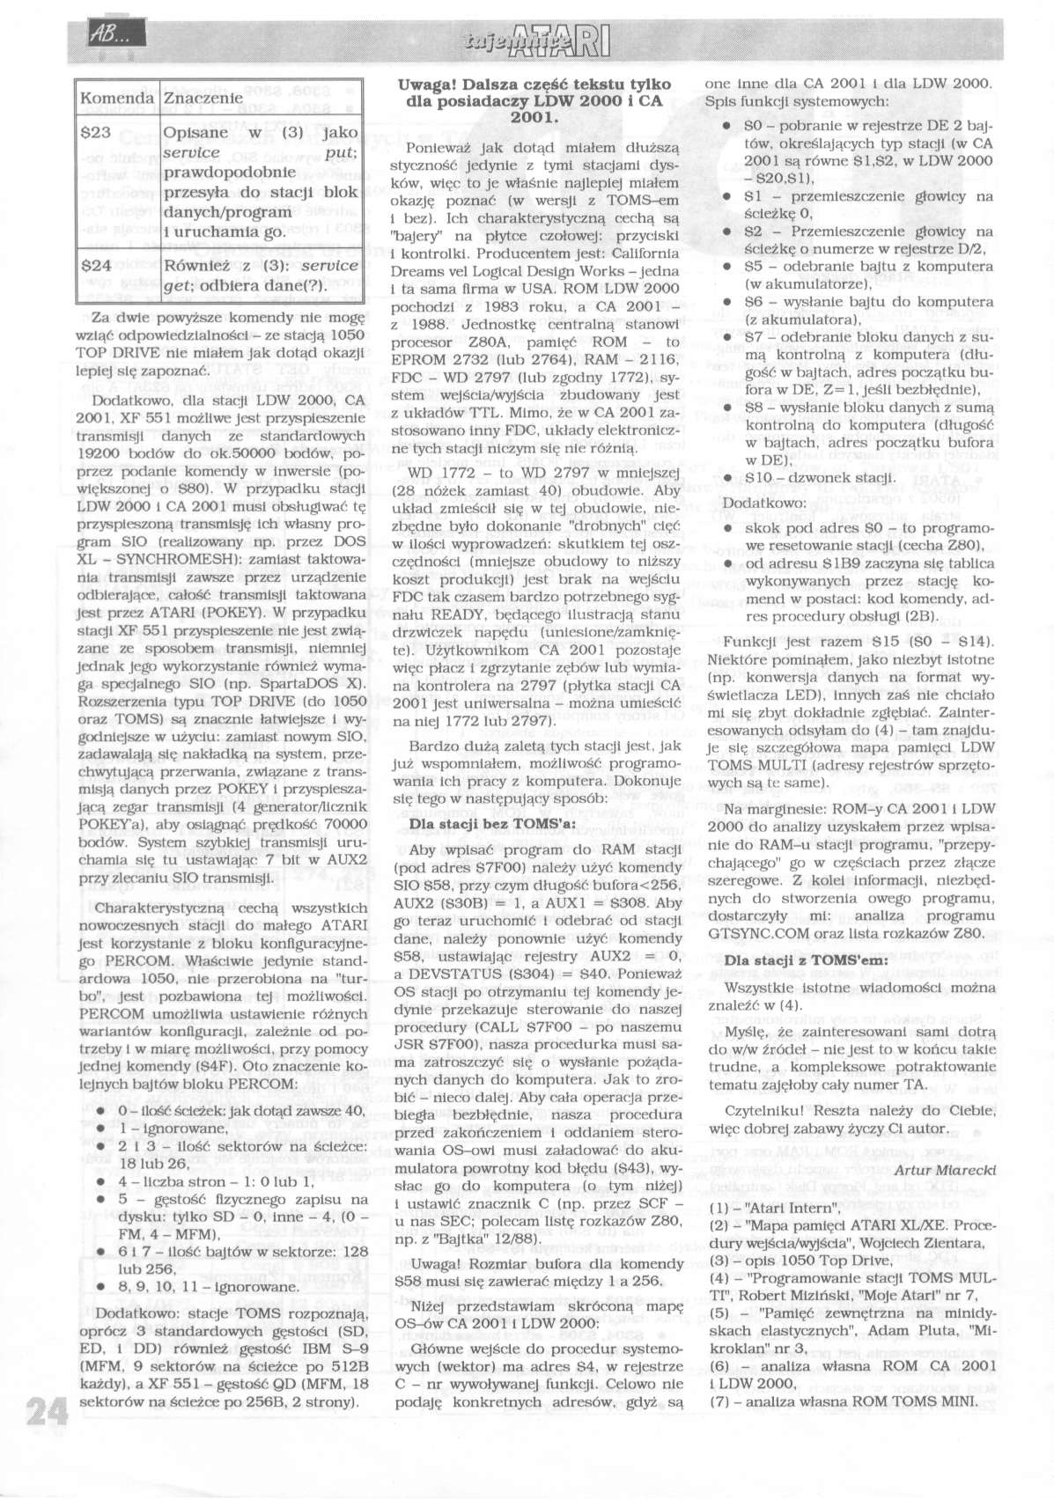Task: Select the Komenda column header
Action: [115, 98]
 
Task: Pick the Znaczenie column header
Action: [203, 98]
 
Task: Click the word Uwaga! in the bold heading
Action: [427, 85]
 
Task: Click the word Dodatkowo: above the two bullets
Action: [752, 503]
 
